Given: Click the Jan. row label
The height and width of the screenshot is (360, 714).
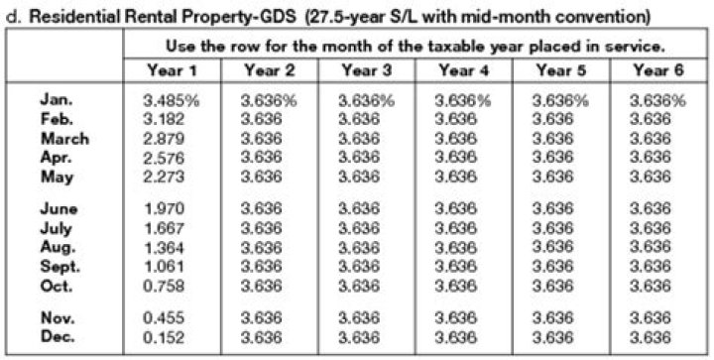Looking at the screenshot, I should [x=57, y=100].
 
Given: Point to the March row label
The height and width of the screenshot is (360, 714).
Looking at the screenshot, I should [x=64, y=139].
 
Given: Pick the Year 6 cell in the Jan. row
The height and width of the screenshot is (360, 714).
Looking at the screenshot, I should [x=658, y=100].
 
